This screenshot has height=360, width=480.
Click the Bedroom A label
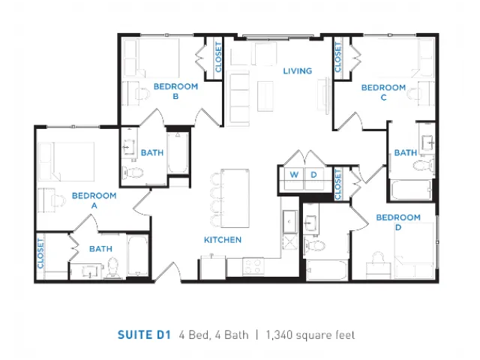point(94,200)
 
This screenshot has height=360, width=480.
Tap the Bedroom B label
point(175,91)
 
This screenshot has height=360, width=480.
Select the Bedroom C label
point(383,92)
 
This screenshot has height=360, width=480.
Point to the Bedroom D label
point(398,222)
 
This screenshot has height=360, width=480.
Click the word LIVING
point(298,71)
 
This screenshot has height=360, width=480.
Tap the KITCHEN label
point(223,240)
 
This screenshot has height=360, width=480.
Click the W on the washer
point(294,175)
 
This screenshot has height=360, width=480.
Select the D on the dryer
point(313,175)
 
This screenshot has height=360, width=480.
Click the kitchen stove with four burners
point(253,266)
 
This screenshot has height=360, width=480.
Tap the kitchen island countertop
point(235,198)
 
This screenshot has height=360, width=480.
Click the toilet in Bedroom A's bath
point(113,268)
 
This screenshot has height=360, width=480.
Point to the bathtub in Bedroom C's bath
point(412,190)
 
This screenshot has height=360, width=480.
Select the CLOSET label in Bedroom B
point(218,57)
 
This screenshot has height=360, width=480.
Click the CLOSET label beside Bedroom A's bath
point(40,253)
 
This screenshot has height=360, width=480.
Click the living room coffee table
point(265,96)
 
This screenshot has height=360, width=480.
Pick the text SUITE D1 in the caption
point(144,335)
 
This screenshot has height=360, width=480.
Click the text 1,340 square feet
point(310,335)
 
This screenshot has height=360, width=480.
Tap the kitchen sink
point(289,222)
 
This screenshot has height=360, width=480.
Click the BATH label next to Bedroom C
point(406,152)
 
